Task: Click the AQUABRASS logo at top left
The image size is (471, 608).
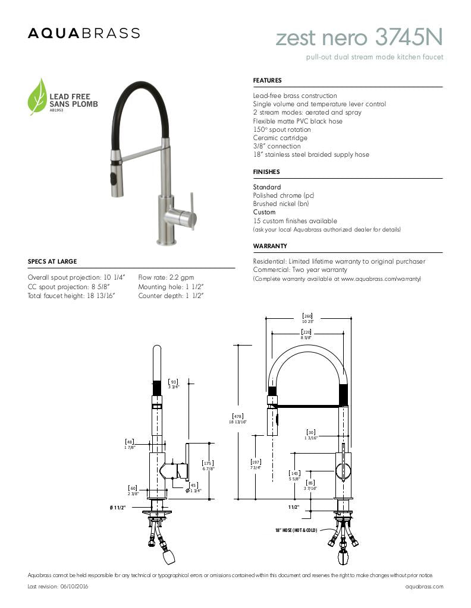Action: (84, 33)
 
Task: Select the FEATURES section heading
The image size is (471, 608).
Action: (267, 80)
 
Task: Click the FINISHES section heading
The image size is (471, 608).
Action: (266, 172)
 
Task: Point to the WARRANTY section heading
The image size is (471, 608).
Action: (270, 246)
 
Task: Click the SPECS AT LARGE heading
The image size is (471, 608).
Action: (52, 261)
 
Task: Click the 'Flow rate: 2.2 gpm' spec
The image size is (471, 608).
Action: (166, 277)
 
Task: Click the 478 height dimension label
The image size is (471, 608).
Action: (237, 418)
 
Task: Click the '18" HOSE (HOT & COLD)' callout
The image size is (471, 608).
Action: (296, 530)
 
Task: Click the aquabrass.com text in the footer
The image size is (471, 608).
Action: (424, 586)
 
